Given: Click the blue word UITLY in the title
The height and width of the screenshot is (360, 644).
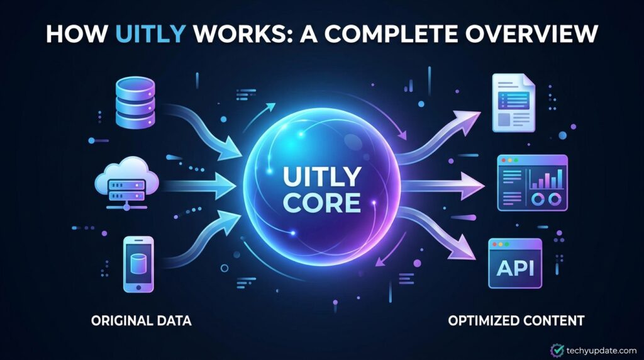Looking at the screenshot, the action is (x=150, y=34).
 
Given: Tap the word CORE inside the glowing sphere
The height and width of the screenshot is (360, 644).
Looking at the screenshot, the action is (x=322, y=202).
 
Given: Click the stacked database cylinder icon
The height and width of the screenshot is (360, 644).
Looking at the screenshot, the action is (x=136, y=103).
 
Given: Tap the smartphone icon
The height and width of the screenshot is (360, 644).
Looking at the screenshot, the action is (x=138, y=264).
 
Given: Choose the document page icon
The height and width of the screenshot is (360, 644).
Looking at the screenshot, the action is (x=513, y=103).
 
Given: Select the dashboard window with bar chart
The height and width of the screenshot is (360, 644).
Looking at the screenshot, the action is (x=532, y=183).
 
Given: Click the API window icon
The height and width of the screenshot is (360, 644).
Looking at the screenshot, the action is (x=515, y=264).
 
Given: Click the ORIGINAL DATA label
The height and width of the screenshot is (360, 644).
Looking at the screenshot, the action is (x=142, y=320).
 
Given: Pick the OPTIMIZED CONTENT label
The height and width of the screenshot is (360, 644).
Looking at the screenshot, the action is (x=516, y=320).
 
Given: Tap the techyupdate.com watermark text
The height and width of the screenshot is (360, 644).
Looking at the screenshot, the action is (x=601, y=351).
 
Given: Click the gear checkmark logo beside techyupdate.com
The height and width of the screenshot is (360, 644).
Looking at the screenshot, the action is (x=557, y=350).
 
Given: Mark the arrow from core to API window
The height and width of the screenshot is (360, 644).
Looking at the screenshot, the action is (x=440, y=232).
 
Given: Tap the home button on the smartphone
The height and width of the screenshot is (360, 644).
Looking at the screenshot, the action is (x=138, y=287).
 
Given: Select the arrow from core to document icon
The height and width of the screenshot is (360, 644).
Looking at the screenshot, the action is (x=440, y=138).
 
